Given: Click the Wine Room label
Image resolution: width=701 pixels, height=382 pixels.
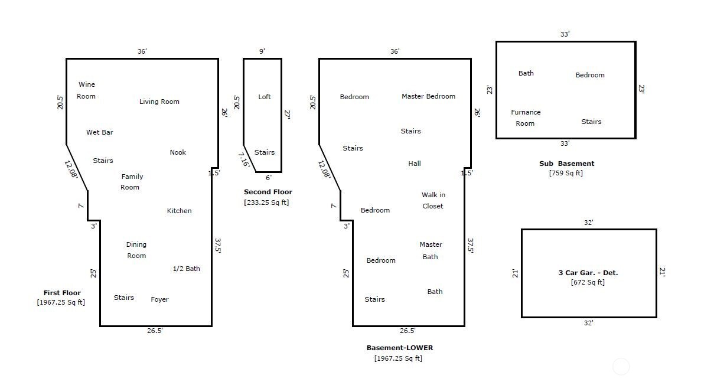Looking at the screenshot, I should click(86, 90).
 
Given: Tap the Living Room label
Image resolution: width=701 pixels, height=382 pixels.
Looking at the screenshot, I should click(159, 102).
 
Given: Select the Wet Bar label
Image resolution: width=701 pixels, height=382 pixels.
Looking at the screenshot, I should click(99, 132).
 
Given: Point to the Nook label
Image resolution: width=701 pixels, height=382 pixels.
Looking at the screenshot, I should click(178, 152).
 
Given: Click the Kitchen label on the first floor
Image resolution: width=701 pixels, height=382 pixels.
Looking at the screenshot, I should click(179, 211).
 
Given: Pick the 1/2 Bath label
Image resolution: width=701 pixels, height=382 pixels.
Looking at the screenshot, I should click(186, 269).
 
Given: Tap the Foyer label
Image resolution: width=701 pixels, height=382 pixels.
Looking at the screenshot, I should click(159, 299).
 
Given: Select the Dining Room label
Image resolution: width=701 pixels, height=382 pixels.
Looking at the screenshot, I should click(136, 250).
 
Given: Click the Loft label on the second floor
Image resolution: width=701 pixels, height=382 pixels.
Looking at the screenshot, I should click(265, 97).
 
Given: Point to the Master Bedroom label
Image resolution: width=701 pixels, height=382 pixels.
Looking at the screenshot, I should click(428, 96).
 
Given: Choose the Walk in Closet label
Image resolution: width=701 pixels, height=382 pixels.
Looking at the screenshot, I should click(433, 200).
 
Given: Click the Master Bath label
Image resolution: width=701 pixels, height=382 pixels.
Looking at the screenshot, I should click(431, 250).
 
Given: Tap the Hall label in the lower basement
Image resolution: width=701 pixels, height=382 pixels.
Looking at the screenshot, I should click(415, 164).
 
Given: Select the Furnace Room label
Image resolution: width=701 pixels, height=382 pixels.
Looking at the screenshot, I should click(526, 117).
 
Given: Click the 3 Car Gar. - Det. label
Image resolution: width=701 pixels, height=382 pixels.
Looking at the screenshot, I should click(588, 273).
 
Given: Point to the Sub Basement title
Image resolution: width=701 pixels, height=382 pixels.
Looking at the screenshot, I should click(566, 164).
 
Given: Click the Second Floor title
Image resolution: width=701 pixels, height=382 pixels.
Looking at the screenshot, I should click(268, 192).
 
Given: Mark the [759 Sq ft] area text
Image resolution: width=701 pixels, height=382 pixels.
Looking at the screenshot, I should click(566, 173).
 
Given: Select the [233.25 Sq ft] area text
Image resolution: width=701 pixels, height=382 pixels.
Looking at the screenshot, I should click(266, 203).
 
